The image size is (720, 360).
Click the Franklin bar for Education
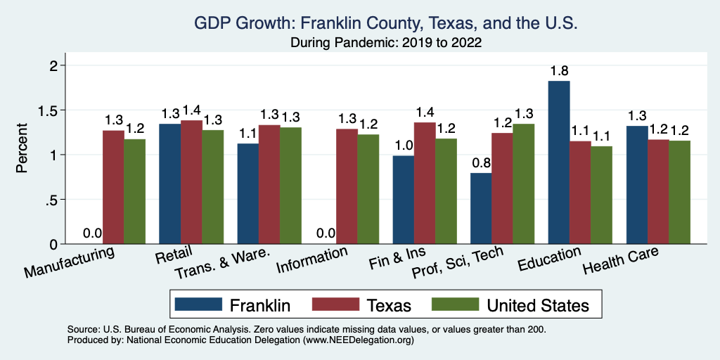click(x=559, y=162)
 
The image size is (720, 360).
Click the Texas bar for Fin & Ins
click(x=425, y=183)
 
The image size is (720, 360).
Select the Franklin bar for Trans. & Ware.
click(x=247, y=193)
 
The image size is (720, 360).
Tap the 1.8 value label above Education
click(x=560, y=70)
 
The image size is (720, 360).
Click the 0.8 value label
click(x=481, y=162)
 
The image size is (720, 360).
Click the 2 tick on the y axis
click(x=53, y=65)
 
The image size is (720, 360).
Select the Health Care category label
click(x=620, y=262)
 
